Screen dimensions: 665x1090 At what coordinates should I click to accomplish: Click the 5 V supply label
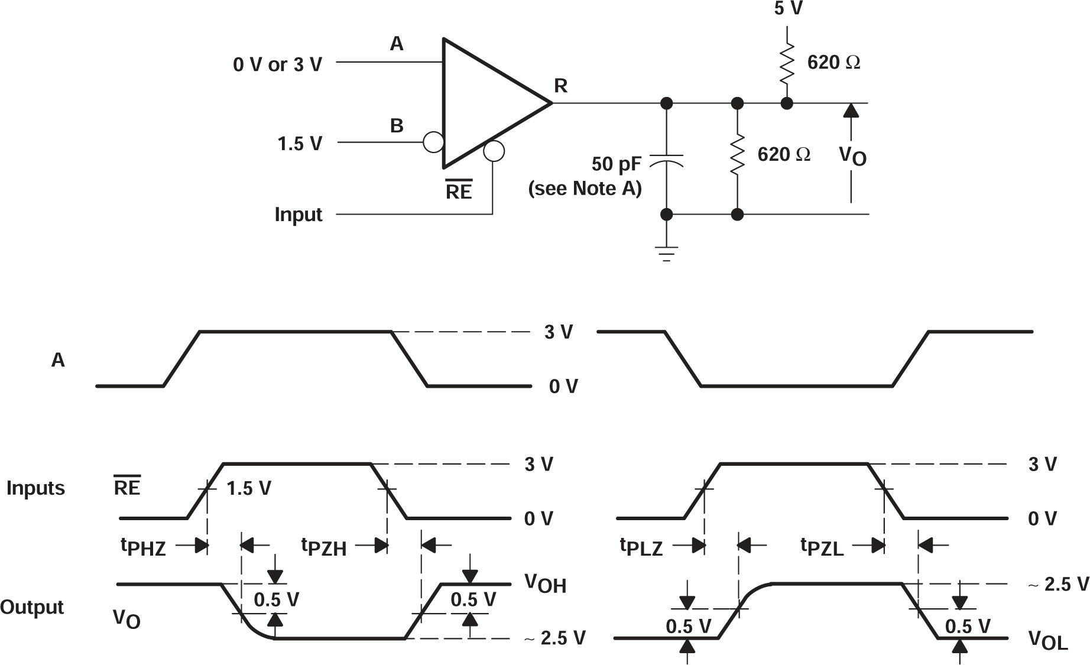click(x=789, y=8)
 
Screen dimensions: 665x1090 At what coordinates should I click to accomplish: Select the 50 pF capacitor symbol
click(x=666, y=161)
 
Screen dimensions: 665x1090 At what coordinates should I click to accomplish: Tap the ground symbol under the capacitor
click(x=666, y=254)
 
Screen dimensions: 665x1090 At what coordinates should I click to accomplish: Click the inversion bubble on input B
click(x=433, y=142)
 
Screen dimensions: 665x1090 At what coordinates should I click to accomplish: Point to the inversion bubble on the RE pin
click(x=494, y=151)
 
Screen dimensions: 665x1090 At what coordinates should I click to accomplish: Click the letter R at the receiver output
click(x=560, y=86)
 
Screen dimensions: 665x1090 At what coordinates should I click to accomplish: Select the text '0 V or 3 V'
click(x=277, y=64)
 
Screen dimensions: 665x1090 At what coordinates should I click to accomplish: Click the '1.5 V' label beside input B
click(x=300, y=144)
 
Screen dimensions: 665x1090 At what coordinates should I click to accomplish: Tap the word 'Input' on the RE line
click(x=298, y=214)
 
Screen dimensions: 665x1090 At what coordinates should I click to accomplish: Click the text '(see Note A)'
click(x=584, y=189)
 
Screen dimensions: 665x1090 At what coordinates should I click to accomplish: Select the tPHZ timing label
click(x=144, y=547)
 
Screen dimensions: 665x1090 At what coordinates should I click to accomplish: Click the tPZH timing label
click(x=324, y=547)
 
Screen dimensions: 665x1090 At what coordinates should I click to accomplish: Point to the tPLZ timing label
click(x=641, y=547)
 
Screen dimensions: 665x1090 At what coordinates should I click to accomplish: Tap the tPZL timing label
click(x=822, y=547)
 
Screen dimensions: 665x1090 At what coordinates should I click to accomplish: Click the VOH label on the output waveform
click(x=545, y=584)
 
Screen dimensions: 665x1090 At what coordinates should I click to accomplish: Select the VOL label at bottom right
click(x=1048, y=640)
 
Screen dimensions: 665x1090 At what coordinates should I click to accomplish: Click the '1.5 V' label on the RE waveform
click(x=248, y=488)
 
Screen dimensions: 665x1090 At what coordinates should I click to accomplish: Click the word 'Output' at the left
click(x=32, y=607)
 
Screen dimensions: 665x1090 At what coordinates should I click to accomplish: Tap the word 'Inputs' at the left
click(x=35, y=488)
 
